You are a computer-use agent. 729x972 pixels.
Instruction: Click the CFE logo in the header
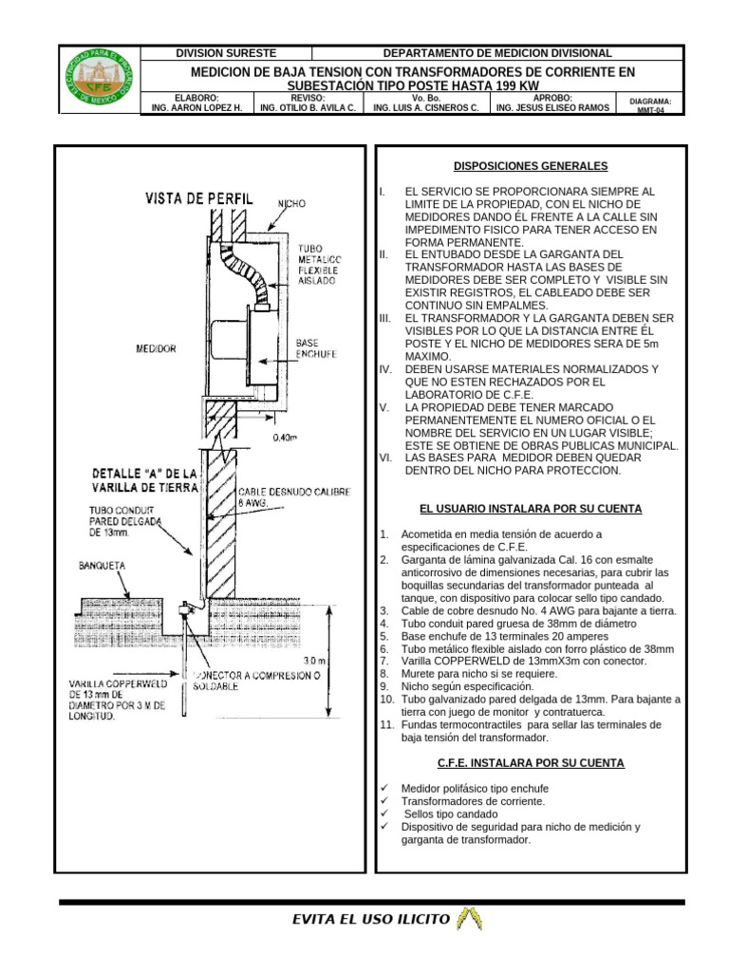[x=98, y=81]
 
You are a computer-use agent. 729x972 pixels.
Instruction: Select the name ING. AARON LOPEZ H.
[x=197, y=108]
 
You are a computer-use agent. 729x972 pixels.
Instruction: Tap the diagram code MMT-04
[x=650, y=109]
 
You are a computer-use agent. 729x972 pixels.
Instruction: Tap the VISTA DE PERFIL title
[x=199, y=198]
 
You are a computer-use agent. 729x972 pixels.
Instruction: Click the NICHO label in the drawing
[x=291, y=204]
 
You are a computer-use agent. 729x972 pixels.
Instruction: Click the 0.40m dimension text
[x=285, y=438]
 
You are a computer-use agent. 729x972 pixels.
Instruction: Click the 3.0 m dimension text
[x=314, y=660]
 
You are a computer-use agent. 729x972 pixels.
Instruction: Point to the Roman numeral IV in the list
[x=384, y=368]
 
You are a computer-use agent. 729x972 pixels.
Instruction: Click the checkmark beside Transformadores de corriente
[x=384, y=801]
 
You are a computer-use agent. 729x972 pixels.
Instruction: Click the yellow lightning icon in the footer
[x=470, y=918]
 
